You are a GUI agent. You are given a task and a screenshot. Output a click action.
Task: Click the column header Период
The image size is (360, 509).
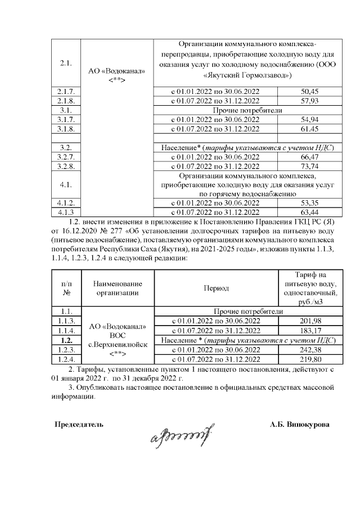216,288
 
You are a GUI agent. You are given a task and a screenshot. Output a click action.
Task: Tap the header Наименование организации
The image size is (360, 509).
118,288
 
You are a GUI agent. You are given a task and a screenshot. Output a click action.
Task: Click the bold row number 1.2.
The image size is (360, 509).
66,340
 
